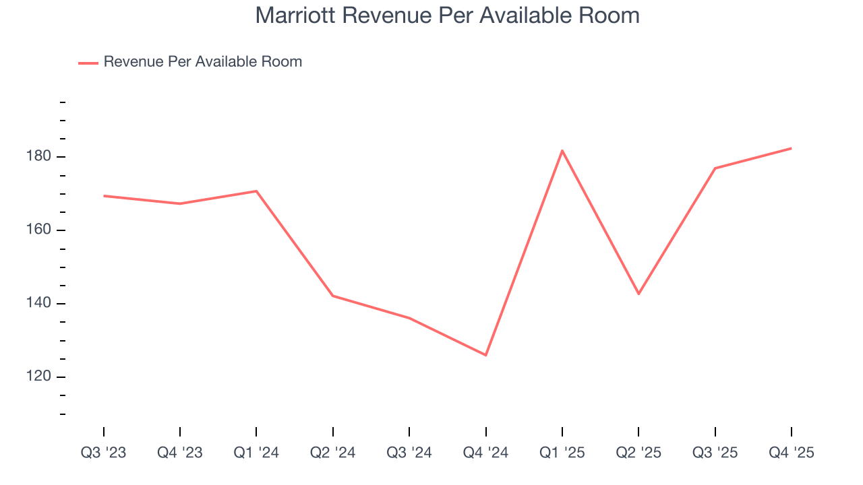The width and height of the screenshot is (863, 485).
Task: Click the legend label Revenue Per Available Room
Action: pos(202,62)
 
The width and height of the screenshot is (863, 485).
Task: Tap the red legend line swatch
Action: pos(88,63)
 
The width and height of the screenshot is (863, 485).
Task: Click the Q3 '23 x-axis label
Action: pos(104,453)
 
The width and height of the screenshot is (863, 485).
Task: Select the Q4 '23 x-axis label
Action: pos(180,453)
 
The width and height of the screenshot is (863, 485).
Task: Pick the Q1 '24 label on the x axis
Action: pos(256,453)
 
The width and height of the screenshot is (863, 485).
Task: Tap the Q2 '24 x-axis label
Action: pos(333,453)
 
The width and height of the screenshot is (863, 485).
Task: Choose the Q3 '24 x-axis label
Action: pos(409,453)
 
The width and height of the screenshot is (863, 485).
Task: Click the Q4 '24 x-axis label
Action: pos(485,453)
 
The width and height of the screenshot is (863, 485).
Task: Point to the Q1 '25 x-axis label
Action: pos(562,453)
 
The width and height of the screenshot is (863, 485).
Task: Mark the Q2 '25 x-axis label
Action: pos(638,453)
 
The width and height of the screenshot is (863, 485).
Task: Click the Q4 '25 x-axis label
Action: pos(792,453)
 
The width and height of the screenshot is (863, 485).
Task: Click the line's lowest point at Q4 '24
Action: pos(485,355)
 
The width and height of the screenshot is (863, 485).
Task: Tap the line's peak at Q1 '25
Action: pos(562,150)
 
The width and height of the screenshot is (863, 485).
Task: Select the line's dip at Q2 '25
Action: pos(638,294)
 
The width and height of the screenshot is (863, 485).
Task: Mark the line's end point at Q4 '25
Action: pos(791,148)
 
